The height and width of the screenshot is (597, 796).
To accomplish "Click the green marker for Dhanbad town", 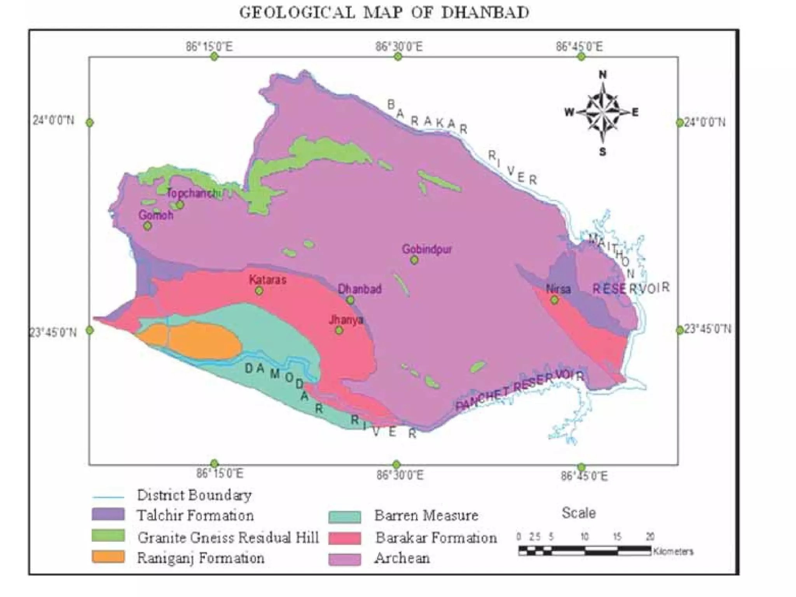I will click(350, 300).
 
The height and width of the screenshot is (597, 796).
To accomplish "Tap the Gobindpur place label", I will click(427, 249).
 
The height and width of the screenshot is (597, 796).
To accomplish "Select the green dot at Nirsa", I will click(555, 300).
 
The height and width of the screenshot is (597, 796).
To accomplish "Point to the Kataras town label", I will click(267, 279).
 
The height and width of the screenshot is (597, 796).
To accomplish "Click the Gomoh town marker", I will click(147, 225).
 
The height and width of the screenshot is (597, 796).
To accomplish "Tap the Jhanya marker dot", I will click(339, 330).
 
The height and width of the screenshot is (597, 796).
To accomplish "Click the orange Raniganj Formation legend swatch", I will click(108, 557).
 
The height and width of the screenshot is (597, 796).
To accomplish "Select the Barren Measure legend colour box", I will click(344, 517).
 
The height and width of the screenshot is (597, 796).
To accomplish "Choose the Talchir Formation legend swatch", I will click(108, 514).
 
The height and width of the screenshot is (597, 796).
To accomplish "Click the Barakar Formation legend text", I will click(436, 538).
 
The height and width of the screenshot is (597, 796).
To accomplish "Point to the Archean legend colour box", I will click(344, 559).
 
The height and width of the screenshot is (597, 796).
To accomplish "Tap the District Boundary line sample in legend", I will click(108, 497).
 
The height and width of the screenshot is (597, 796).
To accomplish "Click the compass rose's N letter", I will click(602, 75).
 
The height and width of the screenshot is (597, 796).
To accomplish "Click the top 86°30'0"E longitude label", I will click(398, 47).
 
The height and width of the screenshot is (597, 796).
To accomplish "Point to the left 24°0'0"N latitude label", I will click(53, 120).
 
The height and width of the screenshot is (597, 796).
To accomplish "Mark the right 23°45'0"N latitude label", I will click(707, 329).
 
